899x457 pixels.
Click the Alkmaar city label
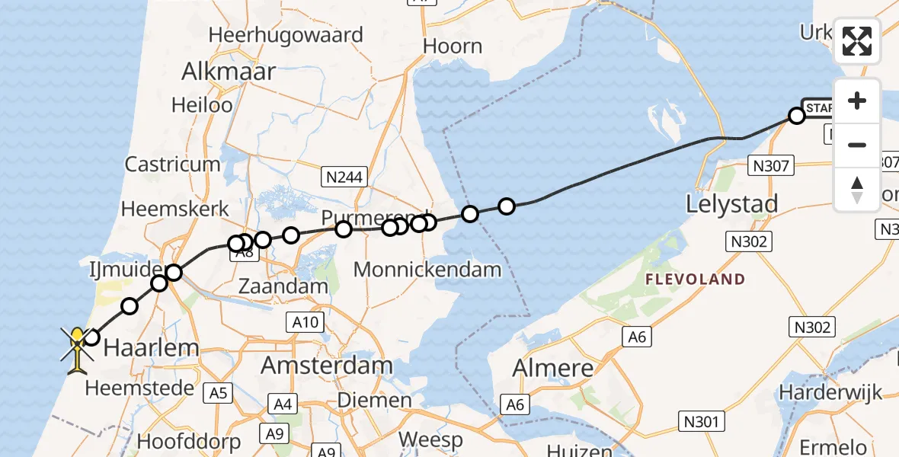(x=228, y=72)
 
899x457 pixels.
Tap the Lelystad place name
(x=731, y=204)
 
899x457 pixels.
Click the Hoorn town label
(x=453, y=46)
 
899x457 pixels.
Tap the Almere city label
(x=552, y=368)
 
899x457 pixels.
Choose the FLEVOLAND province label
(x=695, y=280)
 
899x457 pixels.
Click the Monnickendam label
(x=427, y=269)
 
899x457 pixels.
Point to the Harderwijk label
(x=830, y=392)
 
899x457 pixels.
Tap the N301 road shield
(x=701, y=421)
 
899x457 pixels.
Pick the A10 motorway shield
(x=306, y=323)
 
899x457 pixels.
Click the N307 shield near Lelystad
(x=773, y=165)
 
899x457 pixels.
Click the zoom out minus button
(x=857, y=145)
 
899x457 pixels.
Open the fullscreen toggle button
(x=857, y=41)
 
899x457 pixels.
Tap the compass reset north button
(x=857, y=189)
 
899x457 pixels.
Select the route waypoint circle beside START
(x=797, y=116)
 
